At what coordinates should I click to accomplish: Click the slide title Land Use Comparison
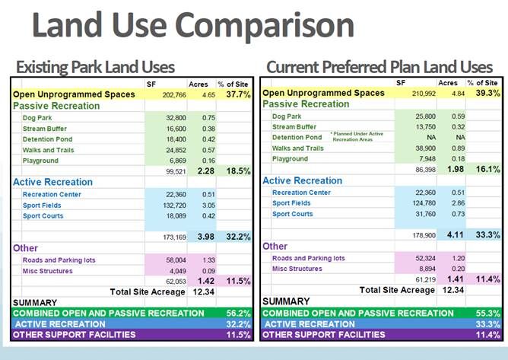[193, 26]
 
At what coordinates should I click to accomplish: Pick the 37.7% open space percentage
[236, 95]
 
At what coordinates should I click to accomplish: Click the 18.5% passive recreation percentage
[236, 172]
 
